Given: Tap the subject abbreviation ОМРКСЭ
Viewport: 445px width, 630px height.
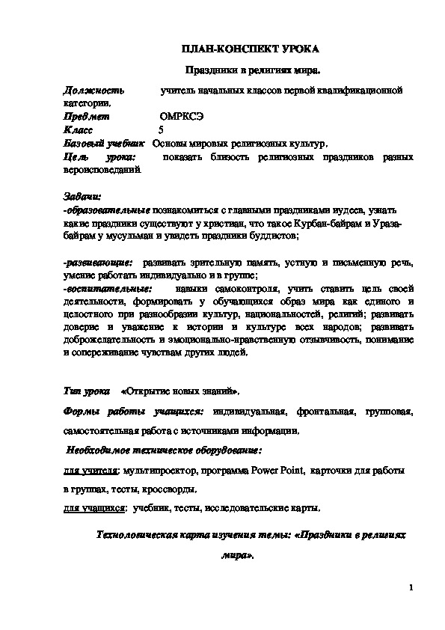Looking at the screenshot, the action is tap(181, 117).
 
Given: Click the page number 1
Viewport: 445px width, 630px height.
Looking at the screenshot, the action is tap(411, 587).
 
